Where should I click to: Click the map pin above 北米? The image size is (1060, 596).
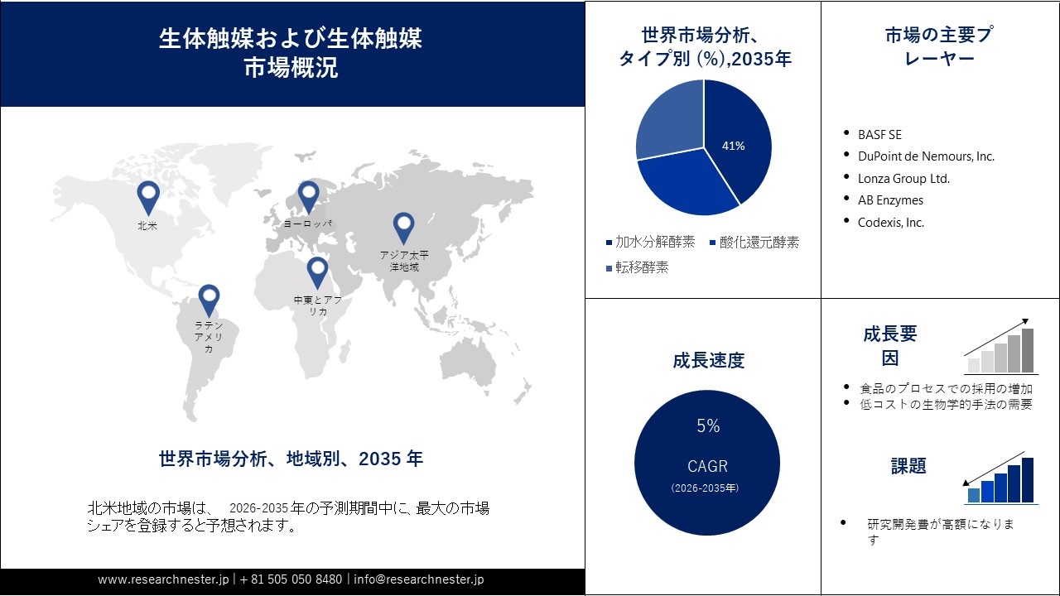coord(148,197)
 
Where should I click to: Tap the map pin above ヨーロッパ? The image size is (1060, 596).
coord(308,196)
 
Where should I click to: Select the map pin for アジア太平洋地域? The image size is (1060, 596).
coord(403,227)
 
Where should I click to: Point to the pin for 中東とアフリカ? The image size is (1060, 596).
coord(317,272)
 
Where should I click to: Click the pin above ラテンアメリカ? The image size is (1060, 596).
coord(209,300)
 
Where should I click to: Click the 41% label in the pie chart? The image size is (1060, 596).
coord(734,146)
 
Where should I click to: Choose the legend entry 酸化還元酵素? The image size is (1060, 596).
coord(759,243)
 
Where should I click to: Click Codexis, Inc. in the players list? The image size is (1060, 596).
coord(891,223)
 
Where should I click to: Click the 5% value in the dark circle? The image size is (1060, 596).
coord(708,426)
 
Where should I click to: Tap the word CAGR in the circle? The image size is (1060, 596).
coord(707,466)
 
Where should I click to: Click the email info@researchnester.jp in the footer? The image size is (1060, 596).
coord(419,579)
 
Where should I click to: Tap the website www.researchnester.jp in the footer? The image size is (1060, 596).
coord(163,579)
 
